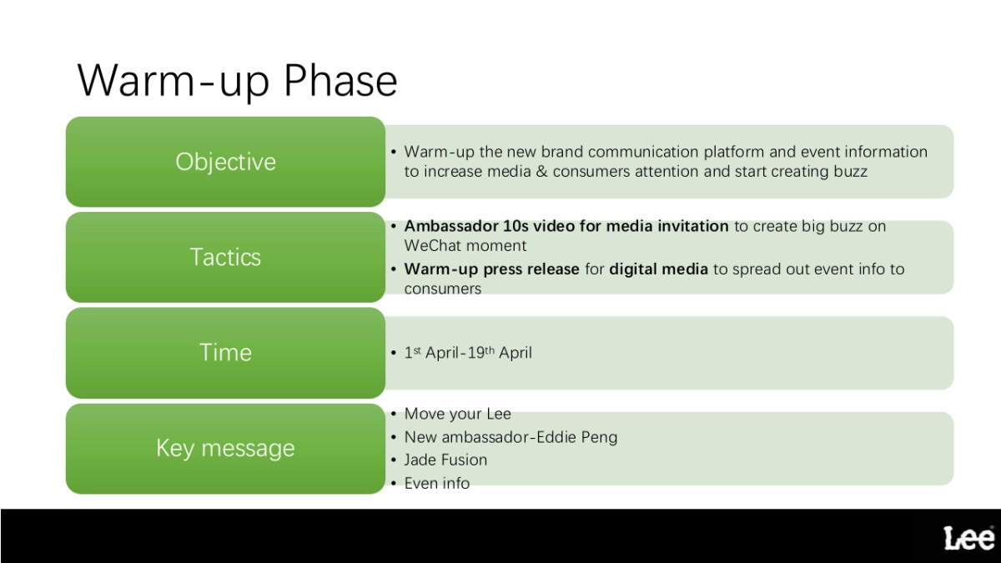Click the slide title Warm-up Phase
237,81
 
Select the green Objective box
225,162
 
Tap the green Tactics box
225,257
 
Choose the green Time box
225,353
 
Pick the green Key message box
225,449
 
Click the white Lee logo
968,538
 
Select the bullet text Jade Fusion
445,460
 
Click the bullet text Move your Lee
457,414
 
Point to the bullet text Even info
437,483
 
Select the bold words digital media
658,269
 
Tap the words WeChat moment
465,246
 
